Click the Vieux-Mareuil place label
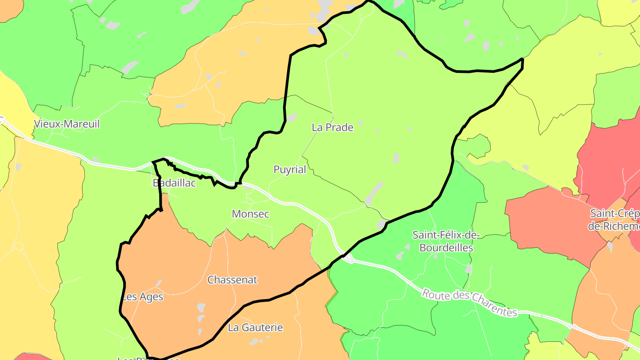click(67, 124)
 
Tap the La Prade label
click(332, 128)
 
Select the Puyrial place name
click(290, 170)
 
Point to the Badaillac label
click(174, 183)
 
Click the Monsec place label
click(251, 214)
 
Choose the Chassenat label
click(232, 280)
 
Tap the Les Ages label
click(143, 297)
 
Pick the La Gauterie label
click(256, 328)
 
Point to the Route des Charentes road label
click(470, 303)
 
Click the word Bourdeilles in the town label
click(446, 248)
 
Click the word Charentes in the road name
click(493, 307)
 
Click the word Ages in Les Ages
click(151, 297)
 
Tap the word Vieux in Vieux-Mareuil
click(47, 124)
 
